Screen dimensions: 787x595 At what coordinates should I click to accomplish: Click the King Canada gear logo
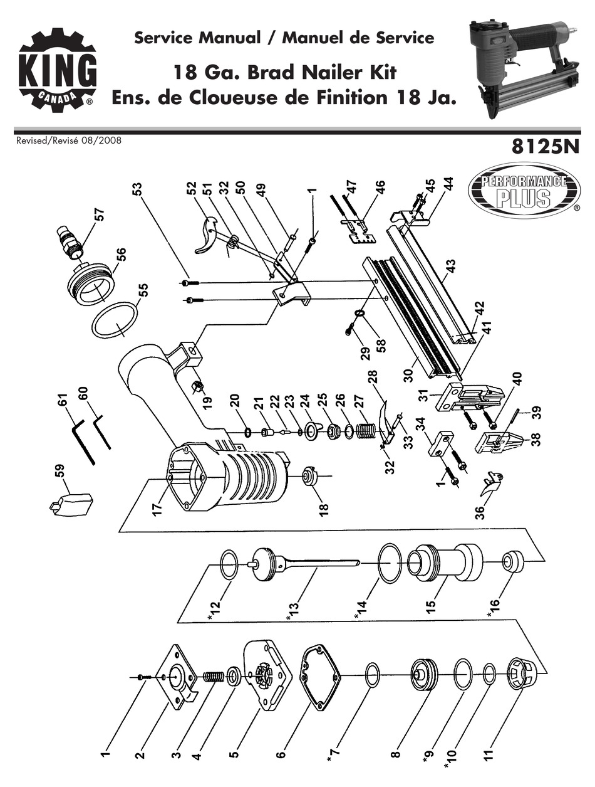57,69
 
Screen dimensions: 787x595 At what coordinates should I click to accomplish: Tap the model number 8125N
544,149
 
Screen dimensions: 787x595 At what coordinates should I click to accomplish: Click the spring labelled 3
214,677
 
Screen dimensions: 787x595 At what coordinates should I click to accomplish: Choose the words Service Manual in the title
197,38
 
